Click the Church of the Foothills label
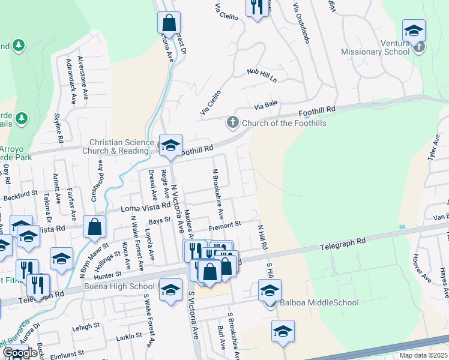pos(285,124)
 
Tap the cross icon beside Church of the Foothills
pos(233,123)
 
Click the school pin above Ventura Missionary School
pos(414,31)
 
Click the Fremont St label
pos(224,224)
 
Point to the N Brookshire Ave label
pos(218,193)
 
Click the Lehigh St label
pos(88,326)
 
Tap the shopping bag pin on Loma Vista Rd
pos(94,227)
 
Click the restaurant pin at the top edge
pos(257,7)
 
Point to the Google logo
pos(20,353)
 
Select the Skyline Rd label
pos(59,128)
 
